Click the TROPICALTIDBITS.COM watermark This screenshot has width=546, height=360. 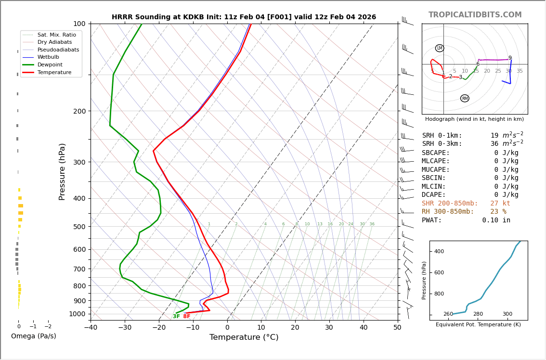pyautogui.click(x=475, y=15)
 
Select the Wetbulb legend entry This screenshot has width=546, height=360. pyautogui.click(x=50, y=57)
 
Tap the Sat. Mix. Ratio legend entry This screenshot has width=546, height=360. pyautogui.click(x=56, y=35)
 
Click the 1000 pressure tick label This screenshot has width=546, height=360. pyautogui.click(x=77, y=314)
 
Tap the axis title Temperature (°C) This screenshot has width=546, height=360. pyautogui.click(x=244, y=337)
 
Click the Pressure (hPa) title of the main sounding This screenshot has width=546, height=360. pyautogui.click(x=62, y=171)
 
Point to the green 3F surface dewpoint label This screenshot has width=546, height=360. pyautogui.click(x=176, y=317)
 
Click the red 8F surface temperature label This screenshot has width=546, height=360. pyautogui.click(x=187, y=317)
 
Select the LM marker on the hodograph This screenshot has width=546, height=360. pyautogui.click(x=440, y=48)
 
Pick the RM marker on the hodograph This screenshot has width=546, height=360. pyautogui.click(x=465, y=98)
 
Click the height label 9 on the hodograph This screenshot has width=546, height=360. pyautogui.click(x=510, y=58)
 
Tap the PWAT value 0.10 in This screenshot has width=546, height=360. pyautogui.click(x=496, y=220)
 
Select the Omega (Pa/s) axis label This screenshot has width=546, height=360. pyautogui.click(x=34, y=336)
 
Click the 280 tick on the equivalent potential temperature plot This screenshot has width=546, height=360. pyautogui.click(x=478, y=314)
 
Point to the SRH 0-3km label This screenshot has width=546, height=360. pyautogui.click(x=442, y=144)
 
